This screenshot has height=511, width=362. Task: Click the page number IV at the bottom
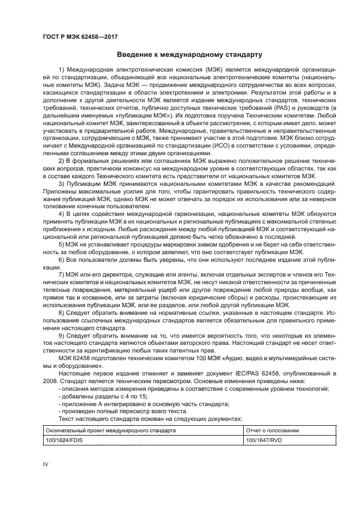tap(46, 463)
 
